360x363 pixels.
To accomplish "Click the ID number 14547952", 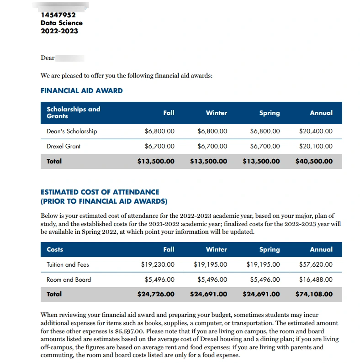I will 58,15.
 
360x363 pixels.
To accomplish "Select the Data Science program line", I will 62,23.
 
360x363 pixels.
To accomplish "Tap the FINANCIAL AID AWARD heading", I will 81,91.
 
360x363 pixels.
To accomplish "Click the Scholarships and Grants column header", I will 73,113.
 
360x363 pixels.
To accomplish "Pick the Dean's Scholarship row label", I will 72,131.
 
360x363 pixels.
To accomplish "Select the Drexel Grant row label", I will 64,147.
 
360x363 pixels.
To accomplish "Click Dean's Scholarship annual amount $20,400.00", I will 316,131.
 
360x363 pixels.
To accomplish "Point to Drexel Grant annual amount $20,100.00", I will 316,147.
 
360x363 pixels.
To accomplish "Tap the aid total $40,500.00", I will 314,161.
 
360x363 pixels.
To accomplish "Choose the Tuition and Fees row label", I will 68,264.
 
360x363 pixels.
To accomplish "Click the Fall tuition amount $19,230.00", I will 158,264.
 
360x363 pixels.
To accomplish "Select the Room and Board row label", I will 69,279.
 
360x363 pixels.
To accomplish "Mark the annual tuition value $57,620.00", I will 316,264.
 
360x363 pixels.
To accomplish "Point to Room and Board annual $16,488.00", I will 316,279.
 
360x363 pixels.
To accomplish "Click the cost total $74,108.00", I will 314,294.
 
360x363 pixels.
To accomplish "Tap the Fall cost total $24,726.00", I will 156,294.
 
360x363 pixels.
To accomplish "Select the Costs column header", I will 55,249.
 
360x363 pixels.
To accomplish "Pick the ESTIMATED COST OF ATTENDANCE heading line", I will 100,192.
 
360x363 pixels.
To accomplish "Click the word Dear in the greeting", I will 48,58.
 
